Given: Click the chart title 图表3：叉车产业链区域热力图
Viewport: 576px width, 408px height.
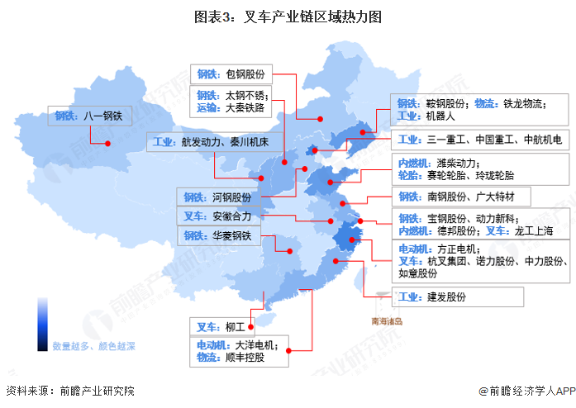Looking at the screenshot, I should [x=288, y=16].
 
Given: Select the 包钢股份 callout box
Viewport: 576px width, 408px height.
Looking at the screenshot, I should [x=232, y=73].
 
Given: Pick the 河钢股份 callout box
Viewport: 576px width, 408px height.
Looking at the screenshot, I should [x=217, y=197].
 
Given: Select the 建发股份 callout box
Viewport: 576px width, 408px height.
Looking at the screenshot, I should [x=457, y=297].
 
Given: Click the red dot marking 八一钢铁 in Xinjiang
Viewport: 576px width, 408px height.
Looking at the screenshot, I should [x=107, y=142].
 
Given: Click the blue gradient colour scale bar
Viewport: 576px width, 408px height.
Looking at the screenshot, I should [x=40, y=323].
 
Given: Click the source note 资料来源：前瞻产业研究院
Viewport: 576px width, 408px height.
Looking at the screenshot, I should [x=69, y=391].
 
